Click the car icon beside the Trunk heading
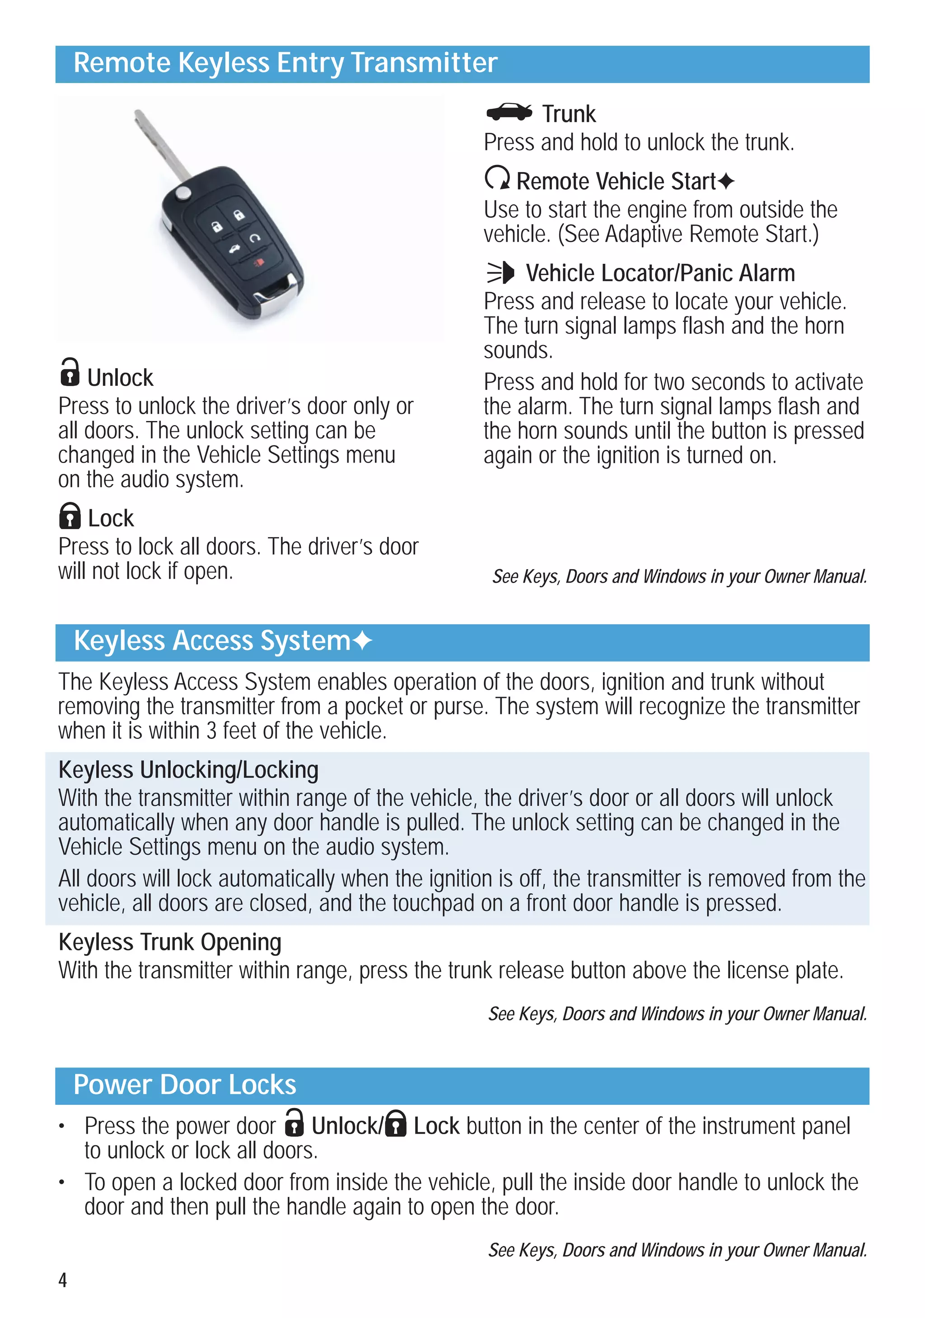point(509,112)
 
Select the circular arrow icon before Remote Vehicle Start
point(497,178)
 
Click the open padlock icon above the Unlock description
point(70,372)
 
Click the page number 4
point(63,1280)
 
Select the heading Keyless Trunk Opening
point(170,943)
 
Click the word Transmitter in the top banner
point(424,63)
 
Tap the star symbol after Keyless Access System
point(362,640)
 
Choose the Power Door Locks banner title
point(185,1085)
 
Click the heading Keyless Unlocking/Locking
point(188,770)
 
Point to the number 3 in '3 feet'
point(211,731)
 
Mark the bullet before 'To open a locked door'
point(61,1182)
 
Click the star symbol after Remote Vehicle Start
point(726,182)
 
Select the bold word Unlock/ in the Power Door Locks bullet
point(347,1126)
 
